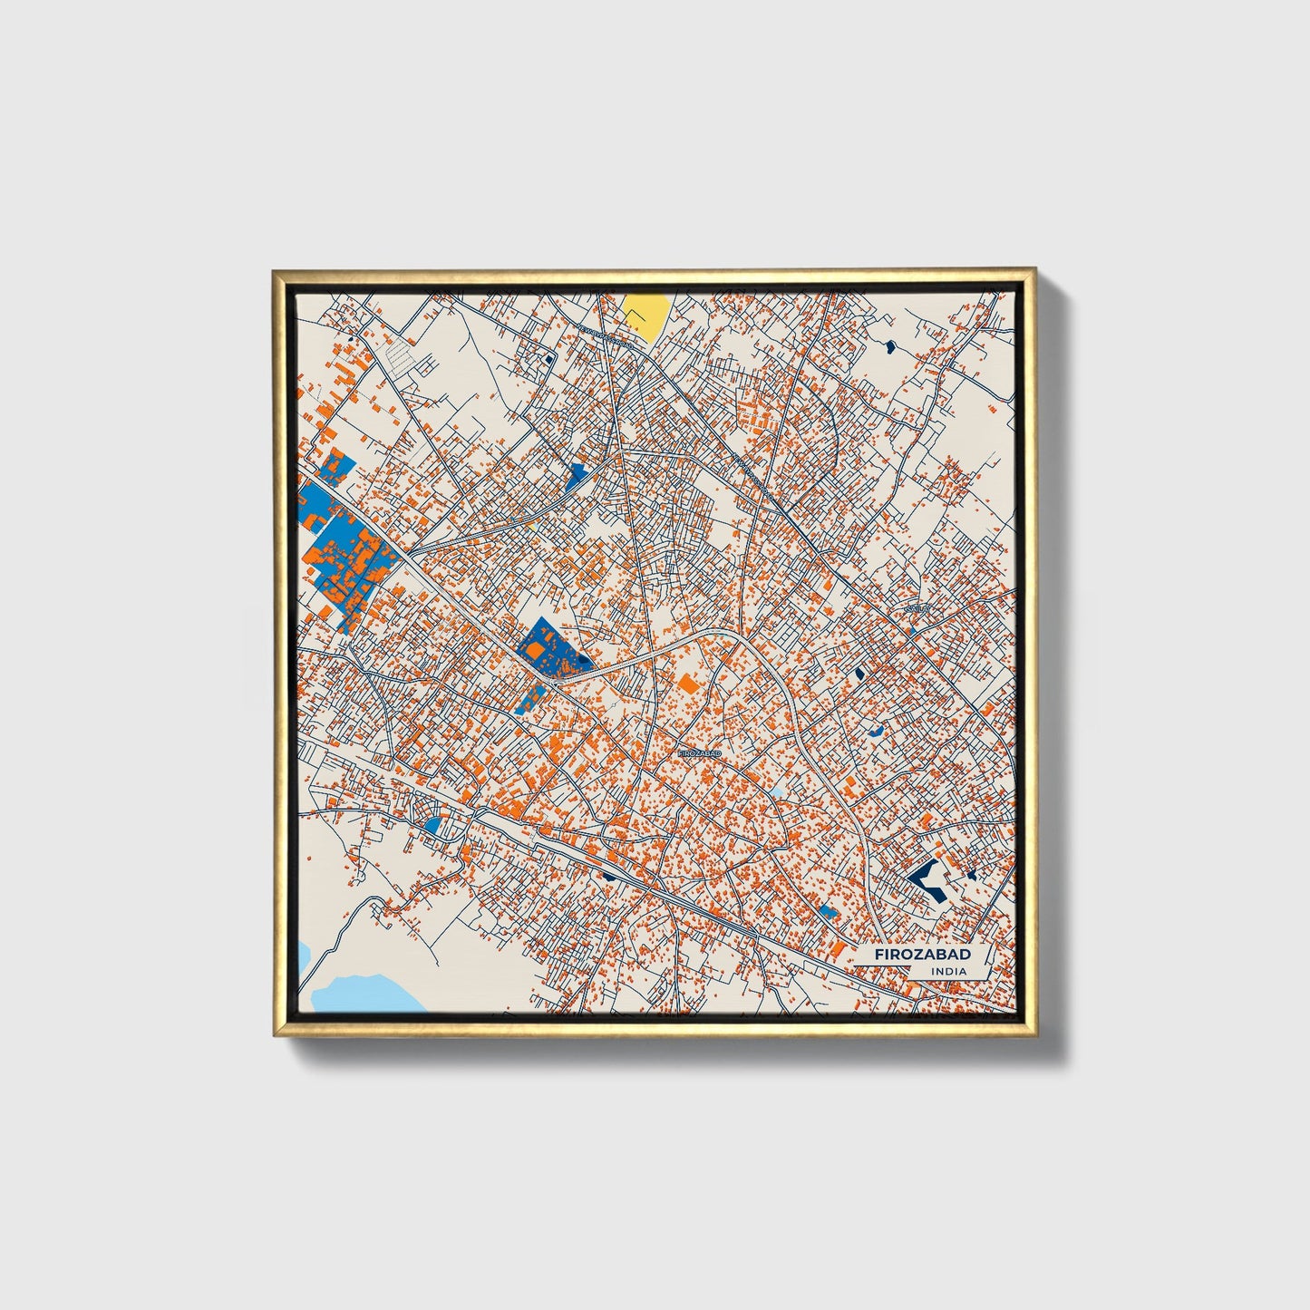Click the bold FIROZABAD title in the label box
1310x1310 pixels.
[x=922, y=955]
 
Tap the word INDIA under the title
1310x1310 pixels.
[x=947, y=972]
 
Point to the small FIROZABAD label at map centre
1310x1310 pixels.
[x=699, y=753]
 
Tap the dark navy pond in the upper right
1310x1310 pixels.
[x=889, y=345]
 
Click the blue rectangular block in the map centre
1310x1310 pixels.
[x=549, y=646]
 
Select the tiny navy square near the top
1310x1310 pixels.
[x=549, y=359]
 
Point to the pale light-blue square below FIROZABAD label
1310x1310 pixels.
[x=776, y=793]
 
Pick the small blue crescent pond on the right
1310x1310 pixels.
[x=874, y=732]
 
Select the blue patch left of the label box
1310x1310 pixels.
[x=828, y=912]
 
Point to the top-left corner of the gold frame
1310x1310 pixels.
[x=274, y=271]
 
